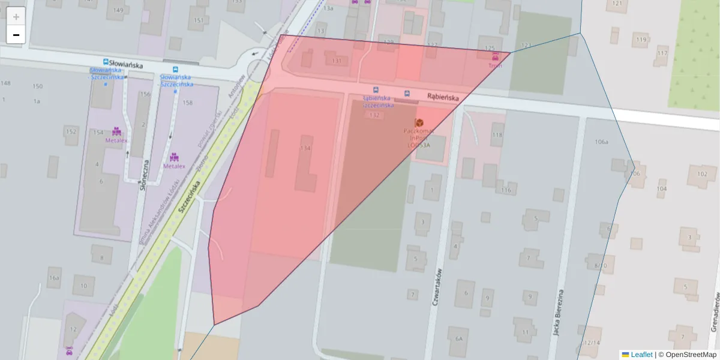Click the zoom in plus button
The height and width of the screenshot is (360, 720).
click(16, 17)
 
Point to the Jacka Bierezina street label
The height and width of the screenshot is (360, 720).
click(559, 312)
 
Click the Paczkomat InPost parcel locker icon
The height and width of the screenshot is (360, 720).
click(419, 122)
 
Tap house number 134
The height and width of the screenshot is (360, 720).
click(305, 148)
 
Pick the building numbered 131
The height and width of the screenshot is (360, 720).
click(337, 61)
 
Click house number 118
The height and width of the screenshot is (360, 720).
click(497, 135)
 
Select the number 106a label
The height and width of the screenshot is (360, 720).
click(601, 142)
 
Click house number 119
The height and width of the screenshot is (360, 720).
click(641, 40)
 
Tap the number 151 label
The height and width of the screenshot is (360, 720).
click(199, 20)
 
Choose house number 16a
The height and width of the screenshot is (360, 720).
click(55, 278)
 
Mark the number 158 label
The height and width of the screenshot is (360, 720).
click(187, 103)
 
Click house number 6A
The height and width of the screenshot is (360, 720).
click(459, 338)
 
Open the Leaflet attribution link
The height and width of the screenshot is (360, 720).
click(641, 355)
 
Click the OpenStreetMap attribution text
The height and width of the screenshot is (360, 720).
click(691, 355)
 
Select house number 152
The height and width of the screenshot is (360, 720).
click(71, 132)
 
